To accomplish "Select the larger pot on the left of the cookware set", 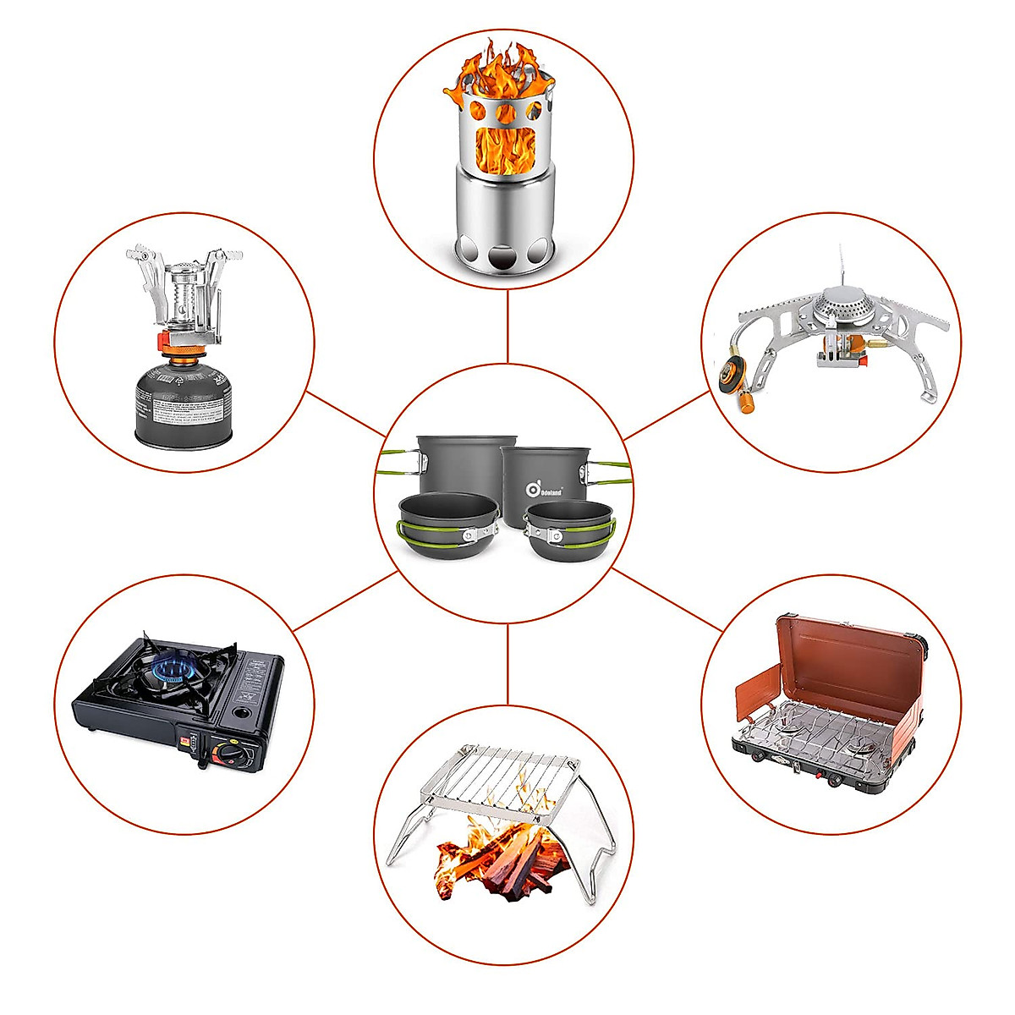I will [x=465, y=465].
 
